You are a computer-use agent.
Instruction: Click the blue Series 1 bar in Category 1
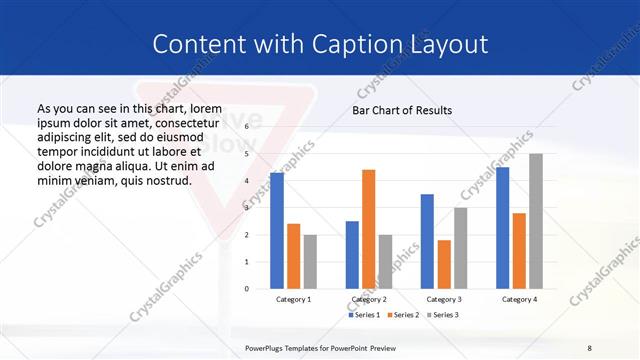[277, 231]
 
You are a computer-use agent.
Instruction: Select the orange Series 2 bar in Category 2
[368, 229]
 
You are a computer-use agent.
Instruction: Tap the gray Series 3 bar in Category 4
[536, 221]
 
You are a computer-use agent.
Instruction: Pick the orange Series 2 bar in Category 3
[444, 264]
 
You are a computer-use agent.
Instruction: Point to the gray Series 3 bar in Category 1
[310, 262]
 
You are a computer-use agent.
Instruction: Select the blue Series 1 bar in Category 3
[427, 241]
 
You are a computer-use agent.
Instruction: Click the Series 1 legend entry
[364, 315]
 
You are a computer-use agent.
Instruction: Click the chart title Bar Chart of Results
[402, 110]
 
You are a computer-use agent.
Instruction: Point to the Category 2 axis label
[369, 299]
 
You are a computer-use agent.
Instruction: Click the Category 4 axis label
[519, 299]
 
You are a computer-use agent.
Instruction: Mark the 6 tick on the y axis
[247, 127]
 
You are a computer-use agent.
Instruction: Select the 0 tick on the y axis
[247, 289]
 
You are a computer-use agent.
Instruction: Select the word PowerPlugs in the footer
[266, 348]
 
